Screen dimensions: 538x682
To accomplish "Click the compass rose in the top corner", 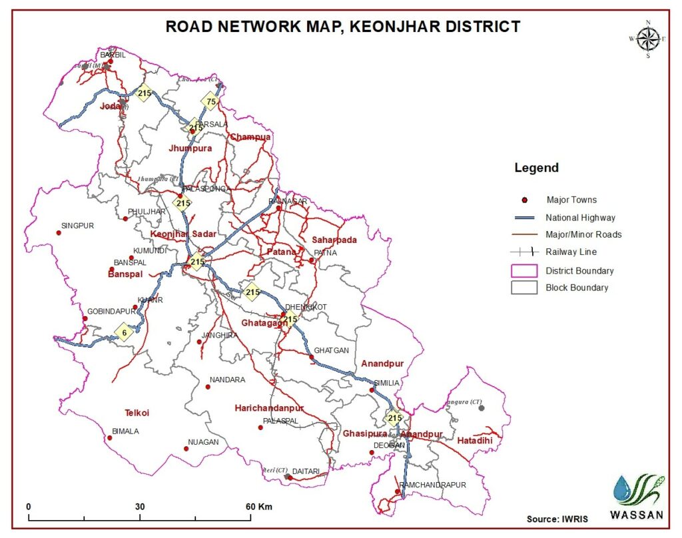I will pyautogui.click(x=647, y=39).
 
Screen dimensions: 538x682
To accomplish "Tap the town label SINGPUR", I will pyautogui.click(x=77, y=226).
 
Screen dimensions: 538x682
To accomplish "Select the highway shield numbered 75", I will pyautogui.click(x=210, y=101).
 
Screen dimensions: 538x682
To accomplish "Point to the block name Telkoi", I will pyautogui.click(x=137, y=413).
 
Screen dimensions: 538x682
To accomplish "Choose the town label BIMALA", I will pyautogui.click(x=125, y=431).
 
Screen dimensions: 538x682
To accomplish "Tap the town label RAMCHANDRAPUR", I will pyautogui.click(x=432, y=485).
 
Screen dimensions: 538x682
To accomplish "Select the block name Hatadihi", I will pyautogui.click(x=475, y=440).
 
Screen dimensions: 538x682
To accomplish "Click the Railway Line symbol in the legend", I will pyautogui.click(x=525, y=252).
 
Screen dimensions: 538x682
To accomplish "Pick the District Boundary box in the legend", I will pyautogui.click(x=525, y=270).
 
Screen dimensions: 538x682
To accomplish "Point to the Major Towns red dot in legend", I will pyautogui.click(x=525, y=200).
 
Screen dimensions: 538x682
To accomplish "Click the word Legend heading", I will pyautogui.click(x=536, y=168).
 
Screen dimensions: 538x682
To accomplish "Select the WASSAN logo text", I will pyautogui.click(x=636, y=514).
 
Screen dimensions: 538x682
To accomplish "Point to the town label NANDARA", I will pyautogui.click(x=227, y=380).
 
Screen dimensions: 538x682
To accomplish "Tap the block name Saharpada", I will pyautogui.click(x=334, y=240).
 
